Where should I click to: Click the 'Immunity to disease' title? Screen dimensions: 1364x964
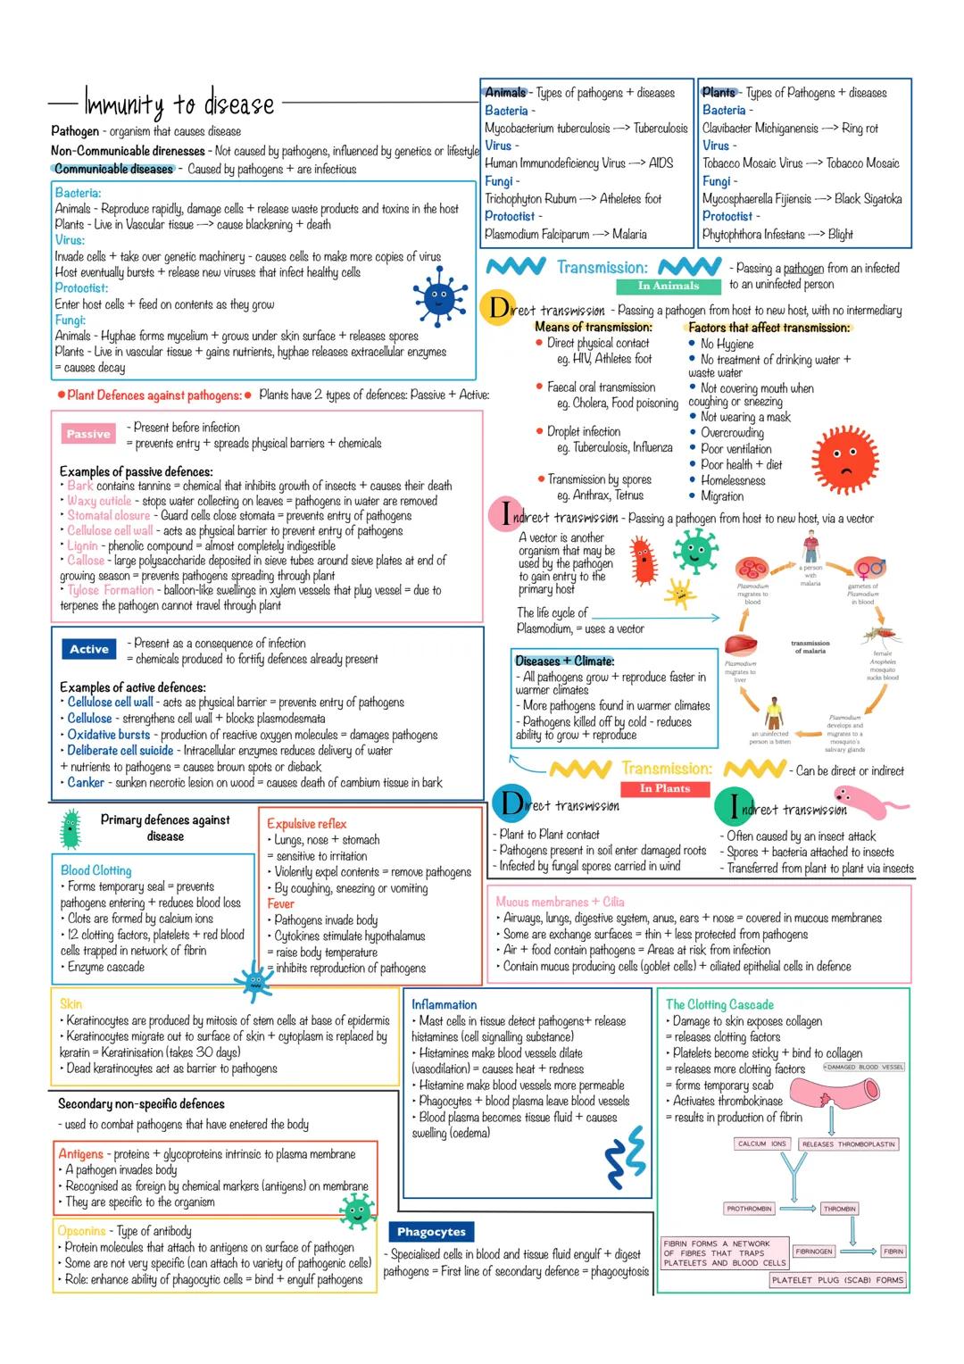click(179, 104)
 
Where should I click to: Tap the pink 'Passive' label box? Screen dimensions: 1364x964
click(88, 434)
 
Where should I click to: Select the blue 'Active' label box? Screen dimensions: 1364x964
click(89, 649)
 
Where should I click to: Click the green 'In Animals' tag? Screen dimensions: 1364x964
click(668, 286)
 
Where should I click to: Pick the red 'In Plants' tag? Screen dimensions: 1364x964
click(665, 788)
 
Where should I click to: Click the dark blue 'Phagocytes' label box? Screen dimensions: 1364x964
click(431, 1232)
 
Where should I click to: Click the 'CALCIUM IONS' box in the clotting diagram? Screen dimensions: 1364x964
click(762, 1144)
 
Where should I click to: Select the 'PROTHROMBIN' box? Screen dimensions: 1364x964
click(749, 1209)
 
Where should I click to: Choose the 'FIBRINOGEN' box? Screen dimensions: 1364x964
click(813, 1252)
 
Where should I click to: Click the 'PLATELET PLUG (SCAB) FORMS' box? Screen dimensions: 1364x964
click(837, 1280)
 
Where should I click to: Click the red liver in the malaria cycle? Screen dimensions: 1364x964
click(739, 644)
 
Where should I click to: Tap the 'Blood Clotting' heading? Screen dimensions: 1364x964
click(96, 870)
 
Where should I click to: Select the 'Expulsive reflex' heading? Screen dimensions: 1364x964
click(306, 823)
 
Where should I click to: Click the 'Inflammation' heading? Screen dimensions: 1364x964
click(444, 1004)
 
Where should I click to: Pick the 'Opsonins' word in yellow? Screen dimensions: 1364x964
click(81, 1231)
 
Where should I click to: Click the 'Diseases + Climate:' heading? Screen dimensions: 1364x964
click(564, 661)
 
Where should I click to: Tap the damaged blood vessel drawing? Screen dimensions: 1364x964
click(839, 1091)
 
